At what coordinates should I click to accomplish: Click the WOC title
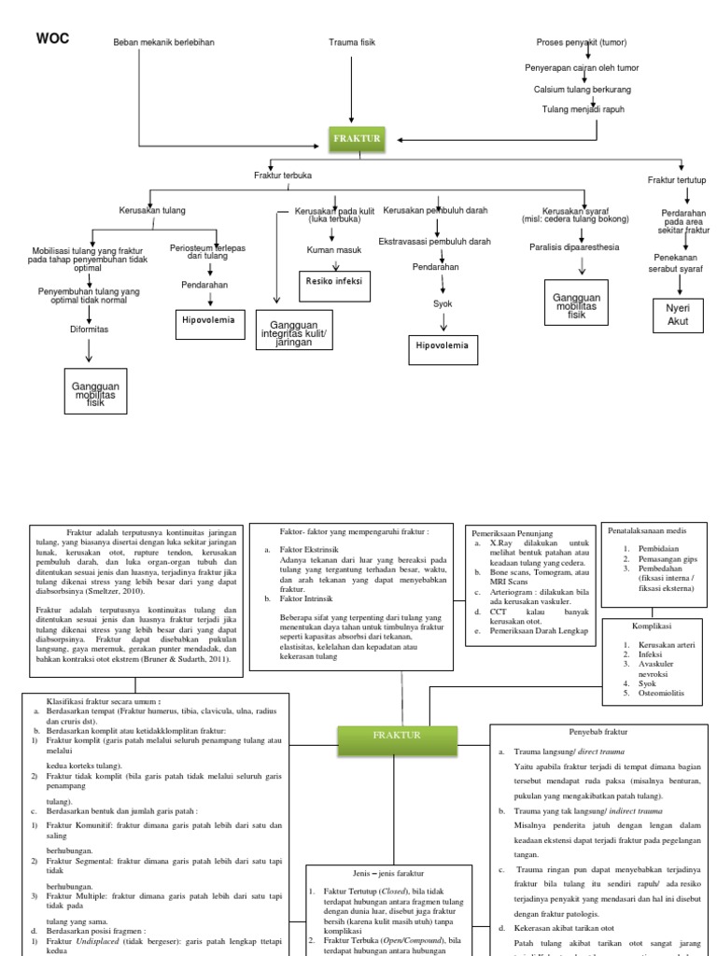click(x=52, y=38)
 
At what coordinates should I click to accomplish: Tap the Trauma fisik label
click(x=350, y=43)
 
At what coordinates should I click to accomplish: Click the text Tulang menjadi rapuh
click(x=583, y=109)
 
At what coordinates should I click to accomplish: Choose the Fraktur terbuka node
click(x=283, y=176)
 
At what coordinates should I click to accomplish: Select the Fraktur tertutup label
click(x=677, y=179)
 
